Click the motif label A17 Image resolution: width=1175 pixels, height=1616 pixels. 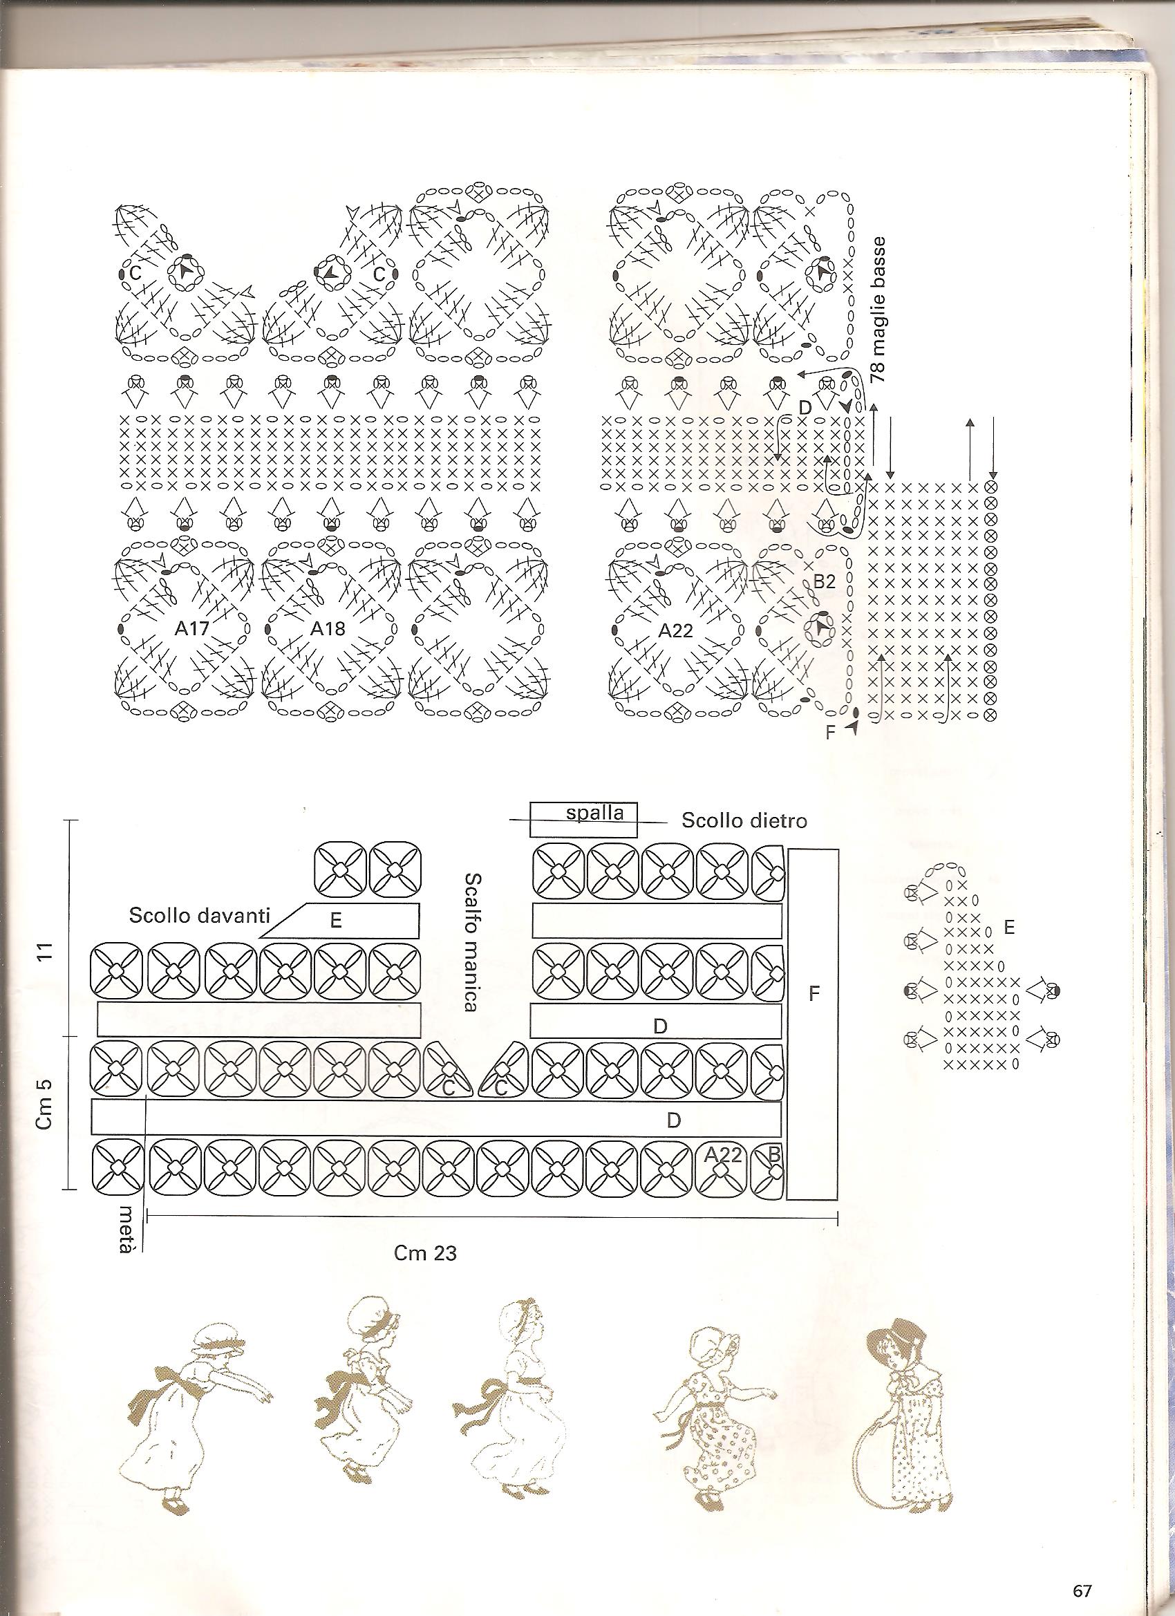[x=190, y=628]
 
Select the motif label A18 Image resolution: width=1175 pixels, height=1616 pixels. [x=328, y=628]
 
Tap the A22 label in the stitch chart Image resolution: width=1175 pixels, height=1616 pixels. [x=675, y=630]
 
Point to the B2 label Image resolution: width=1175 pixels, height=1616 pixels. [x=824, y=582]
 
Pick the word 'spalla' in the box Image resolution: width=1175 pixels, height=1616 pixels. [x=594, y=813]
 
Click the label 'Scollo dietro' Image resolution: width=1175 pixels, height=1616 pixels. [x=744, y=821]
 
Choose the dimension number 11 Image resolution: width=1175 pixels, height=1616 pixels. [x=46, y=952]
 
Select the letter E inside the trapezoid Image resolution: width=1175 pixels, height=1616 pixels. [x=336, y=921]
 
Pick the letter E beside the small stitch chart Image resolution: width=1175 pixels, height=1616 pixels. [x=1008, y=928]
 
